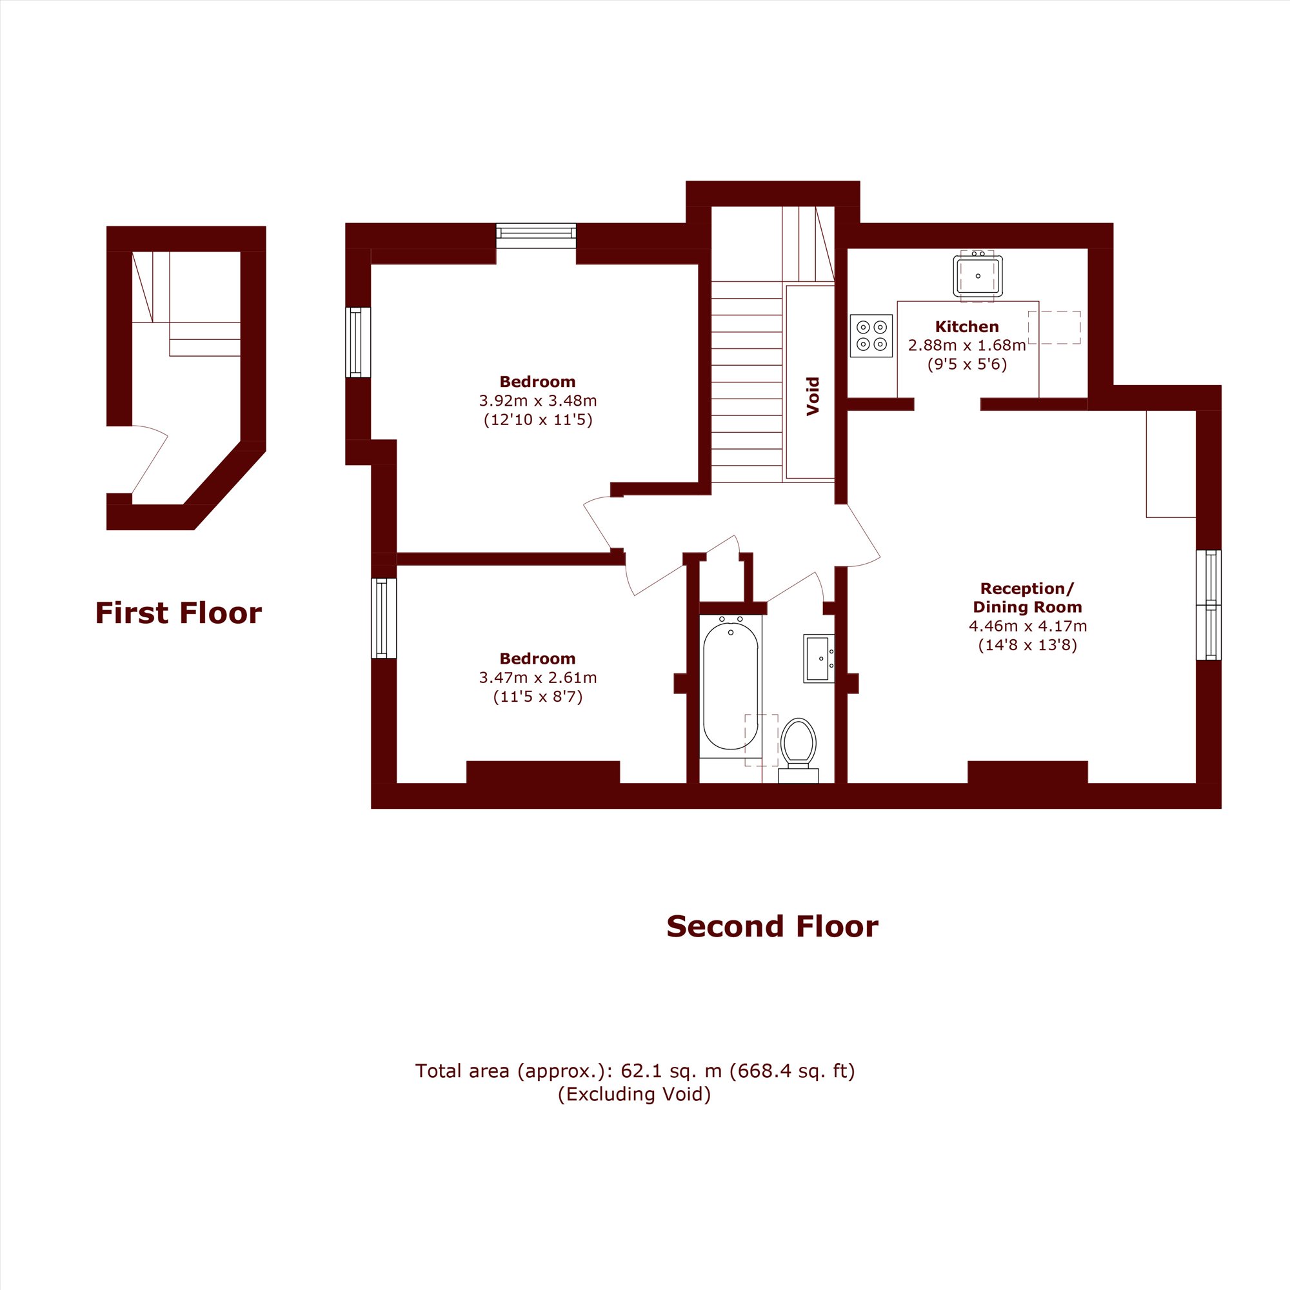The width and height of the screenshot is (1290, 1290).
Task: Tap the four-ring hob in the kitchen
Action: point(871,336)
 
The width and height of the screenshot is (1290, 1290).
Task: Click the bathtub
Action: point(731,686)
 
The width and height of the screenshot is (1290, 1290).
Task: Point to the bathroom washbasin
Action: point(819,659)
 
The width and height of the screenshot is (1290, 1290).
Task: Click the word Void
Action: point(813,397)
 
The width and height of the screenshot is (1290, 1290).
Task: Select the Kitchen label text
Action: point(967,326)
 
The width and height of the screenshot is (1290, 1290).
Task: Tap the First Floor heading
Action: point(178,613)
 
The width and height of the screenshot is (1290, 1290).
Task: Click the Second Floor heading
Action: point(773,927)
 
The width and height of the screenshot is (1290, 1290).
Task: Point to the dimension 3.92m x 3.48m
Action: point(537,401)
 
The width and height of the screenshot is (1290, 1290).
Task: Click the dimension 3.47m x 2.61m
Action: point(537,677)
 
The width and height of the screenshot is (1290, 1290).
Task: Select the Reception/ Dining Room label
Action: point(1027,598)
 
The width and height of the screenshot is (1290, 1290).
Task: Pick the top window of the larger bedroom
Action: point(536,235)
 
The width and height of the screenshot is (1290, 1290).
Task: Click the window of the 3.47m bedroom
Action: point(384,619)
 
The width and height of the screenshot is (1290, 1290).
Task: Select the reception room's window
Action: point(1209,605)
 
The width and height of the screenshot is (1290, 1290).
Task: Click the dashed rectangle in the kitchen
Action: point(1055,328)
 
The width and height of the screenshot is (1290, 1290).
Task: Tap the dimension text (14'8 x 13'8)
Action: point(1027,645)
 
